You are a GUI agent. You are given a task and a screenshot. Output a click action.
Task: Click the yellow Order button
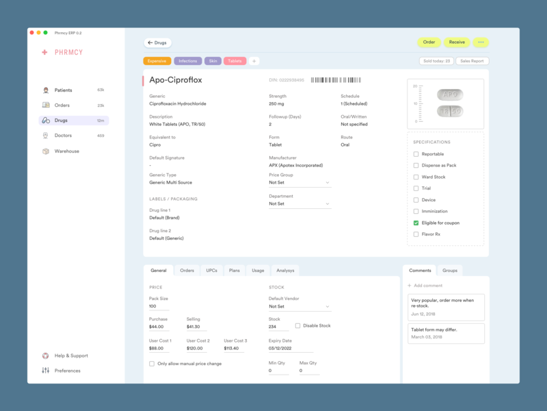[x=429, y=42]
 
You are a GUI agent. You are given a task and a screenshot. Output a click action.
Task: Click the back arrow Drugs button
[x=157, y=42]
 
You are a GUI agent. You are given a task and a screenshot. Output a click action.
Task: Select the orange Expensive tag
[x=157, y=61]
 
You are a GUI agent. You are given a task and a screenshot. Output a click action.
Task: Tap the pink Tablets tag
[x=235, y=61]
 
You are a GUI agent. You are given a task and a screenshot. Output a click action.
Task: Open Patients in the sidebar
[x=63, y=90]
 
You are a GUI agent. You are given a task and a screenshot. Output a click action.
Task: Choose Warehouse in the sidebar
[x=66, y=151]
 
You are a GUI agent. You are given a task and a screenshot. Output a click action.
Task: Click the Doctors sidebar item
[x=63, y=136]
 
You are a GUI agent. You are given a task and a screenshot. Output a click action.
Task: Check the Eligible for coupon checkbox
[x=416, y=223]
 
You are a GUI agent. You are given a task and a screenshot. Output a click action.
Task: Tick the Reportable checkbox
[x=416, y=154]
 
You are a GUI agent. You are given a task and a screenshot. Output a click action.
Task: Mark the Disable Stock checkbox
[x=298, y=325]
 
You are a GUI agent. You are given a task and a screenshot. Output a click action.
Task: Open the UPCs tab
[x=212, y=271]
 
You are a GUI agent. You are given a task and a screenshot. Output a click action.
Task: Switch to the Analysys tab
[x=285, y=271]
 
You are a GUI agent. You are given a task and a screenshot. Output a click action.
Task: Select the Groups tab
[x=450, y=271]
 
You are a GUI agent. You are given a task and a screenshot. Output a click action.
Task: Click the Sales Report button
[x=472, y=61]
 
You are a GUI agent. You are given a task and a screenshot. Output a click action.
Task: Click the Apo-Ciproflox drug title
[x=176, y=80]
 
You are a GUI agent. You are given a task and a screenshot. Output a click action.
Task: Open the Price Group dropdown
[x=299, y=183]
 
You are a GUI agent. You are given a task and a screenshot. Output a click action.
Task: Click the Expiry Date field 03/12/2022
[x=291, y=349]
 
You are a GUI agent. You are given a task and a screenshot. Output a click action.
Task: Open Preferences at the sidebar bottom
[x=67, y=371]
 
